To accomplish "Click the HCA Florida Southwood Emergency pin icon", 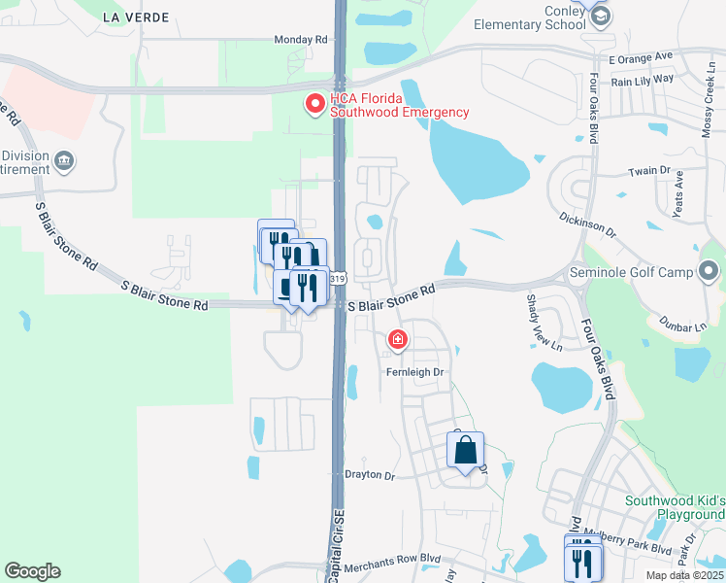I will tap(315, 104).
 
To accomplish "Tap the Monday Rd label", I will tap(301, 40).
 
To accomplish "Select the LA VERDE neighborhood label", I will tap(135, 17).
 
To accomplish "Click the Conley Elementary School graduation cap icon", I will tap(601, 16).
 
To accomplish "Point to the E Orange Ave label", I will tap(642, 59).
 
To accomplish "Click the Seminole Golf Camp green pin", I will tap(709, 270).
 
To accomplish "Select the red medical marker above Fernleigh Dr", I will tap(397, 340).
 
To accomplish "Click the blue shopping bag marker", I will tap(466, 450).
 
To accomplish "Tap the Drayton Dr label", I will tap(370, 476).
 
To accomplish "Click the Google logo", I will tap(32, 571).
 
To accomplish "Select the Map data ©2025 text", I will tap(684, 575).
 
